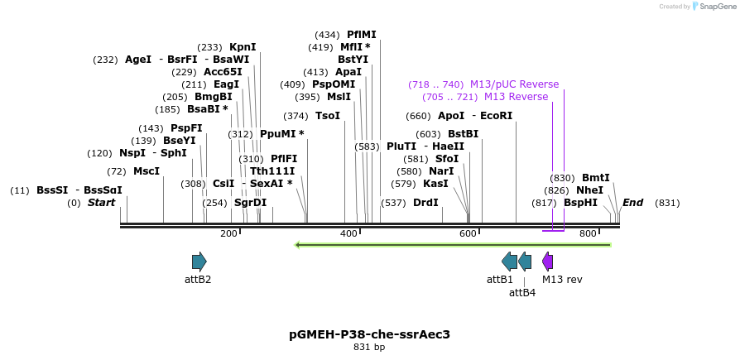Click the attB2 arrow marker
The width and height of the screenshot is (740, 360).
point(199,262)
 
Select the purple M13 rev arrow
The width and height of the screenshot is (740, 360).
point(547,262)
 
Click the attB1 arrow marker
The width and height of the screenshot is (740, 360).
point(509,262)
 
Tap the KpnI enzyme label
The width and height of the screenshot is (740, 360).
point(243,47)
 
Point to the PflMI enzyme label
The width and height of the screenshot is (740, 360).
point(361,35)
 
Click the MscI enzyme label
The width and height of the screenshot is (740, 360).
point(147,171)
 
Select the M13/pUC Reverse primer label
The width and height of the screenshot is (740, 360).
point(514,84)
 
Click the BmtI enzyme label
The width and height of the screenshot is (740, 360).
point(595,178)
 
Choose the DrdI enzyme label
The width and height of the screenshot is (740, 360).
point(426,203)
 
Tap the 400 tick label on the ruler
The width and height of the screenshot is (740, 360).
point(348,233)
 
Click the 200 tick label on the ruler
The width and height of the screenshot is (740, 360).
point(228,233)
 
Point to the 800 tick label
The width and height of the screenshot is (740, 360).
point(588,233)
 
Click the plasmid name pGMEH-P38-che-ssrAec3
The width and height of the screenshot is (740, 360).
point(369,334)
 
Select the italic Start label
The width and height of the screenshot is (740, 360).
point(101,203)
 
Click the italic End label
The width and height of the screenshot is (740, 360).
point(632,203)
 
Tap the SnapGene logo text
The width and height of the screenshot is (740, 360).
point(713,7)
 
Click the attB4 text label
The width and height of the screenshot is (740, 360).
point(522,292)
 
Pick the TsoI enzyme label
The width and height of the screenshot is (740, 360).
point(328,116)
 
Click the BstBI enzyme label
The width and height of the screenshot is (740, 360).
point(463,134)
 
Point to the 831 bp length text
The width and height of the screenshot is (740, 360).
point(369,348)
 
